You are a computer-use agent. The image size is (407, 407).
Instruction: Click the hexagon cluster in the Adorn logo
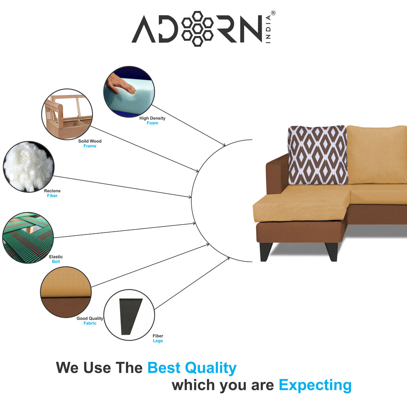pos(197,28)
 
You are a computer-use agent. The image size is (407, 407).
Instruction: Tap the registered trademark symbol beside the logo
pos(273,13)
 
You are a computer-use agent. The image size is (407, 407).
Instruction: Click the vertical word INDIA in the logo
pos(268,29)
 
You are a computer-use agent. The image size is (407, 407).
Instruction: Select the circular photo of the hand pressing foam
pos(129,91)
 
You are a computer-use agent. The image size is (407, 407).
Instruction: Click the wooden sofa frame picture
pos(67,114)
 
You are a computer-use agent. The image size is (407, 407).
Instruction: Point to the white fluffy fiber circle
pos(28,166)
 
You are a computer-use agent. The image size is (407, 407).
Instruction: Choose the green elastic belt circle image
pos(28,238)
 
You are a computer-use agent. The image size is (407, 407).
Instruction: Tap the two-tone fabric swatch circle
pos(66,292)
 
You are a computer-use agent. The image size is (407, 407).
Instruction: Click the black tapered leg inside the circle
pos(130,316)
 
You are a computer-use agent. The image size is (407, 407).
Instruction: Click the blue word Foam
pos(152,123)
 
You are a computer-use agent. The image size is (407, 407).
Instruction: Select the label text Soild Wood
pos(90,141)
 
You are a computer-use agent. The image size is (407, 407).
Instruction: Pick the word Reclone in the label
pos(52,191)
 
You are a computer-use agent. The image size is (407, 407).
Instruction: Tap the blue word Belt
pos(56,262)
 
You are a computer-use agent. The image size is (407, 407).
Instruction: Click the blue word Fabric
pos(90,323)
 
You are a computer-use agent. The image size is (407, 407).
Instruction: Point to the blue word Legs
pos(158,341)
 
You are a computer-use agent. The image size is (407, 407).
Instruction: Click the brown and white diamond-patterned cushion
pos(318,155)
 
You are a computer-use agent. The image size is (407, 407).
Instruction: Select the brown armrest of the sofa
pos(277,174)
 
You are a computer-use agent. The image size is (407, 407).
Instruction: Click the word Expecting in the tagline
pos(315,385)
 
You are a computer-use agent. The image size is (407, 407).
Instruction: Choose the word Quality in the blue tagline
pos(210,368)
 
